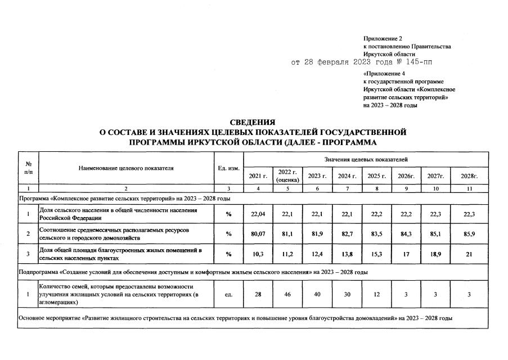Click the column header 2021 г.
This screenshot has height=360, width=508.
(x=258, y=176)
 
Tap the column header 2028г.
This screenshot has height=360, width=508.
(x=469, y=176)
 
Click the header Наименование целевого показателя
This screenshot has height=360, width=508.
(x=126, y=168)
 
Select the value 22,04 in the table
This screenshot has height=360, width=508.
(x=258, y=214)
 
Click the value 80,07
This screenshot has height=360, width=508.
(x=258, y=234)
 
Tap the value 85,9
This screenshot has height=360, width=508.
(x=469, y=234)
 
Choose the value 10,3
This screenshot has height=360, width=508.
(x=258, y=254)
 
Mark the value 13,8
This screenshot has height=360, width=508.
(x=347, y=254)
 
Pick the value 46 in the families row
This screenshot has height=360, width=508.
(x=287, y=294)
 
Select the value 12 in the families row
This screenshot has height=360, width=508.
(x=376, y=294)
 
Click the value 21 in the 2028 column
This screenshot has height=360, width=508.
(x=469, y=254)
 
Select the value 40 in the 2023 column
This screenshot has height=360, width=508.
(x=317, y=294)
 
